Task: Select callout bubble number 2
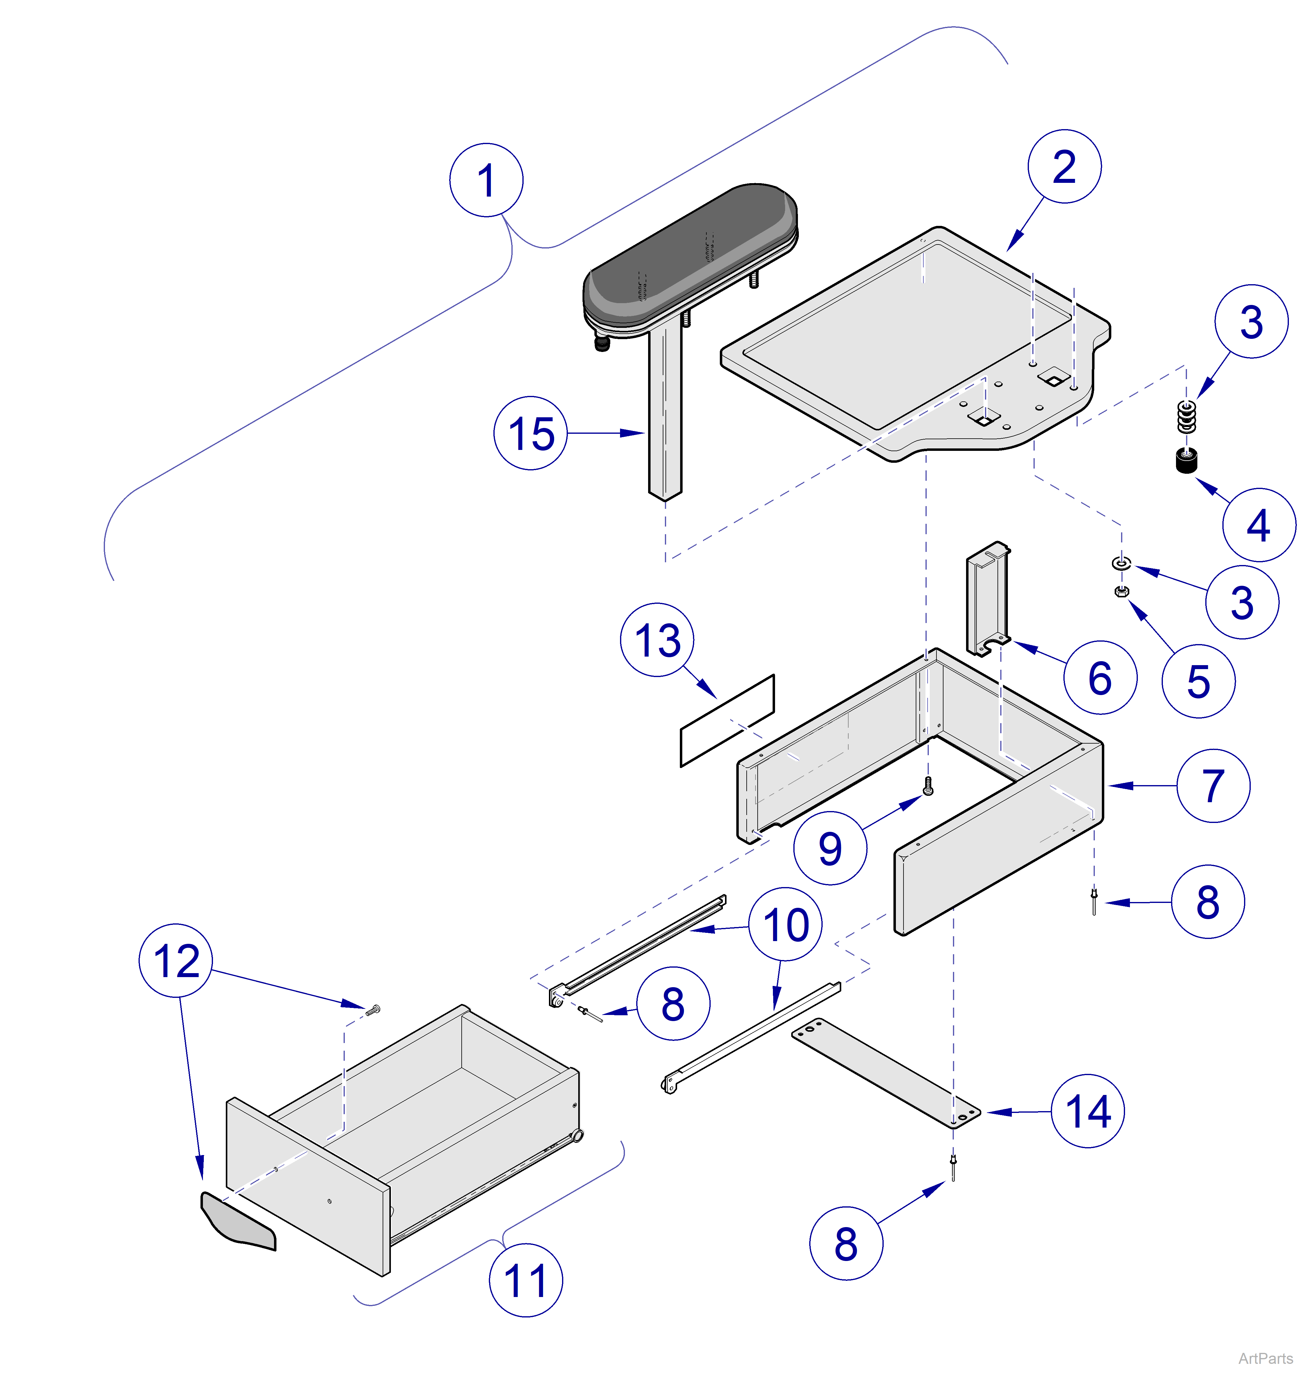pyautogui.click(x=1064, y=167)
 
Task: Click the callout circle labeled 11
pyautogui.click(x=525, y=1280)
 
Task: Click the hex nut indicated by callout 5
pyautogui.click(x=1120, y=592)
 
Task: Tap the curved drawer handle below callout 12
pyautogui.click(x=238, y=1222)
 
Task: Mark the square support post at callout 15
pyautogui.click(x=664, y=413)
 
